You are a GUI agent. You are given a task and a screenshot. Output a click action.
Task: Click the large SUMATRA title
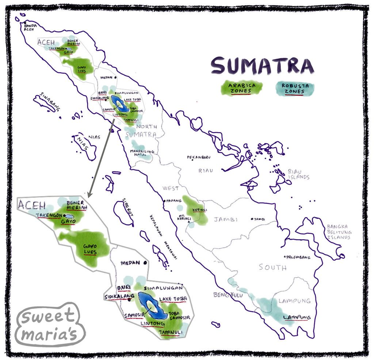[262, 66]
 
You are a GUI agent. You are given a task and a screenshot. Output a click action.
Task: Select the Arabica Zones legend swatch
[240, 88]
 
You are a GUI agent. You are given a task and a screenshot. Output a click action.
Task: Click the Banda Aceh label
[29, 27]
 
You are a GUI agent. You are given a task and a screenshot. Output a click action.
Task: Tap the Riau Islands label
[298, 174]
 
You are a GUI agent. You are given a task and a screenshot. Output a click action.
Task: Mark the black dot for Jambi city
[252, 219]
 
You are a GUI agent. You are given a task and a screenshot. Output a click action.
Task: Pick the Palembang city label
[299, 257]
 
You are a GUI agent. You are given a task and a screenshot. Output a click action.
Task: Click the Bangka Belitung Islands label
[339, 232]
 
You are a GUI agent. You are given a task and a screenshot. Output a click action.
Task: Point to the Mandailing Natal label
[142, 153]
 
